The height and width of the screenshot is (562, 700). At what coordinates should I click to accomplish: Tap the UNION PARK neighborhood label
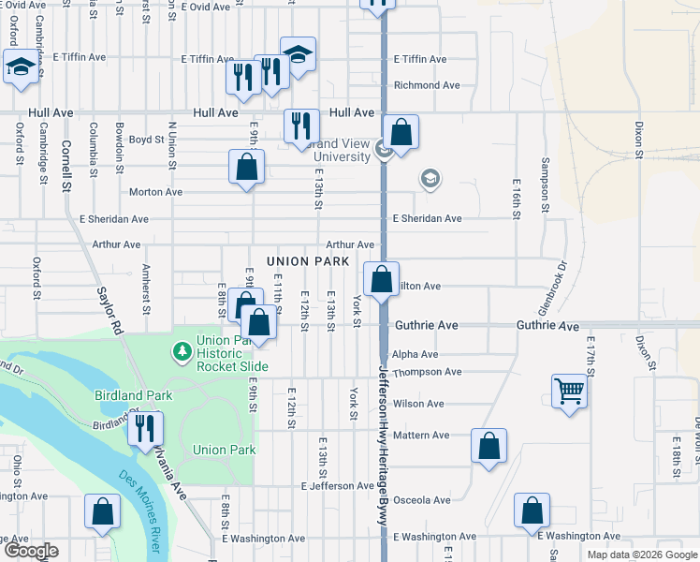pyautogui.click(x=308, y=260)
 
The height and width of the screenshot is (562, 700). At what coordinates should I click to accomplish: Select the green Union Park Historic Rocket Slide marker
pyautogui.click(x=182, y=352)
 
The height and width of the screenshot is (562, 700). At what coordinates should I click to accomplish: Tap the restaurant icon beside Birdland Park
pyautogui.click(x=145, y=427)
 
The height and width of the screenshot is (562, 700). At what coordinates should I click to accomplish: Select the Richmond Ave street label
pyautogui.click(x=427, y=85)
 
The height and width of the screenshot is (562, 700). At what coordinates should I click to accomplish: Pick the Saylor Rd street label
pyautogui.click(x=109, y=310)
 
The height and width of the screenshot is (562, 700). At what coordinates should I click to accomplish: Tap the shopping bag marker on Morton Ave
pyautogui.click(x=246, y=168)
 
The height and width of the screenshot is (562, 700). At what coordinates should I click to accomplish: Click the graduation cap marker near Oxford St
pyautogui.click(x=21, y=67)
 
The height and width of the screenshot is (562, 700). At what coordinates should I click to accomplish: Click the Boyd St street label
pyautogui.click(x=146, y=140)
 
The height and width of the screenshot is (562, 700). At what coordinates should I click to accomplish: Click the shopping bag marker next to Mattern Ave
pyautogui.click(x=489, y=447)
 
